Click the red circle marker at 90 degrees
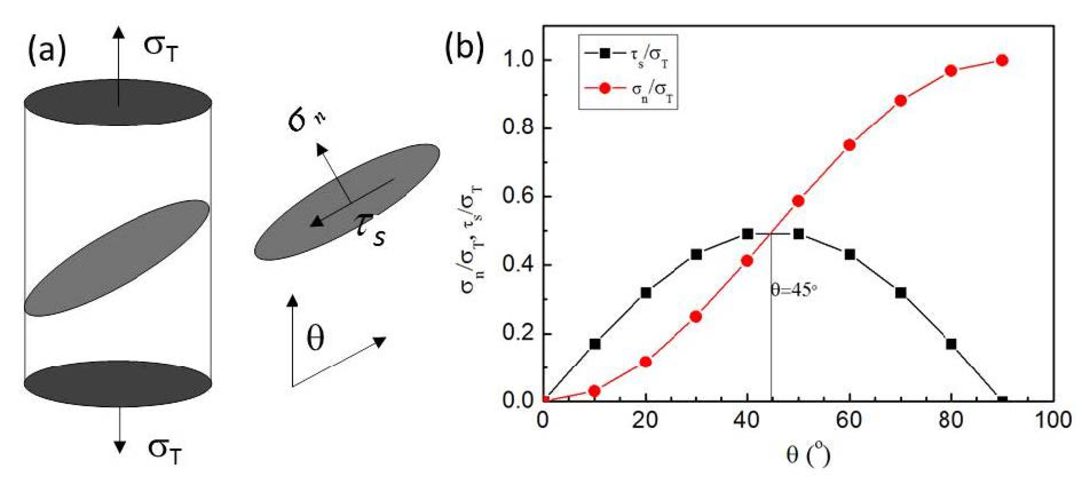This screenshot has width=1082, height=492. click(x=1002, y=60)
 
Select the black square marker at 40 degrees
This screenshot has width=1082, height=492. click(x=747, y=234)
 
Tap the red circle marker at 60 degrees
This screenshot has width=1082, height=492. click(x=849, y=145)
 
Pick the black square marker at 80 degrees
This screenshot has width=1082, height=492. click(x=951, y=344)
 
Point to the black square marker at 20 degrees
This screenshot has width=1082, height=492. click(x=645, y=293)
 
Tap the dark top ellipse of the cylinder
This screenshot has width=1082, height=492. click(x=118, y=102)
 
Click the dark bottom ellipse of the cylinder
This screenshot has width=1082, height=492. click(x=118, y=383)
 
